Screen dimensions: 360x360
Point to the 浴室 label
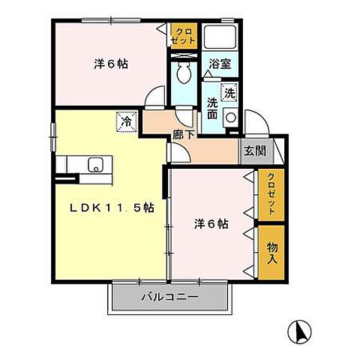tap(219, 64)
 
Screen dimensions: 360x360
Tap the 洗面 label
tap(213, 110)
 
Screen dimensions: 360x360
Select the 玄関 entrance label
tap(254, 150)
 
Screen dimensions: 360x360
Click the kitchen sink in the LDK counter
tap(96, 164)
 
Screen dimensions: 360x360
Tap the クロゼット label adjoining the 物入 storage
tap(271, 194)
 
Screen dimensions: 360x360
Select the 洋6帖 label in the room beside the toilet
tap(110, 64)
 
